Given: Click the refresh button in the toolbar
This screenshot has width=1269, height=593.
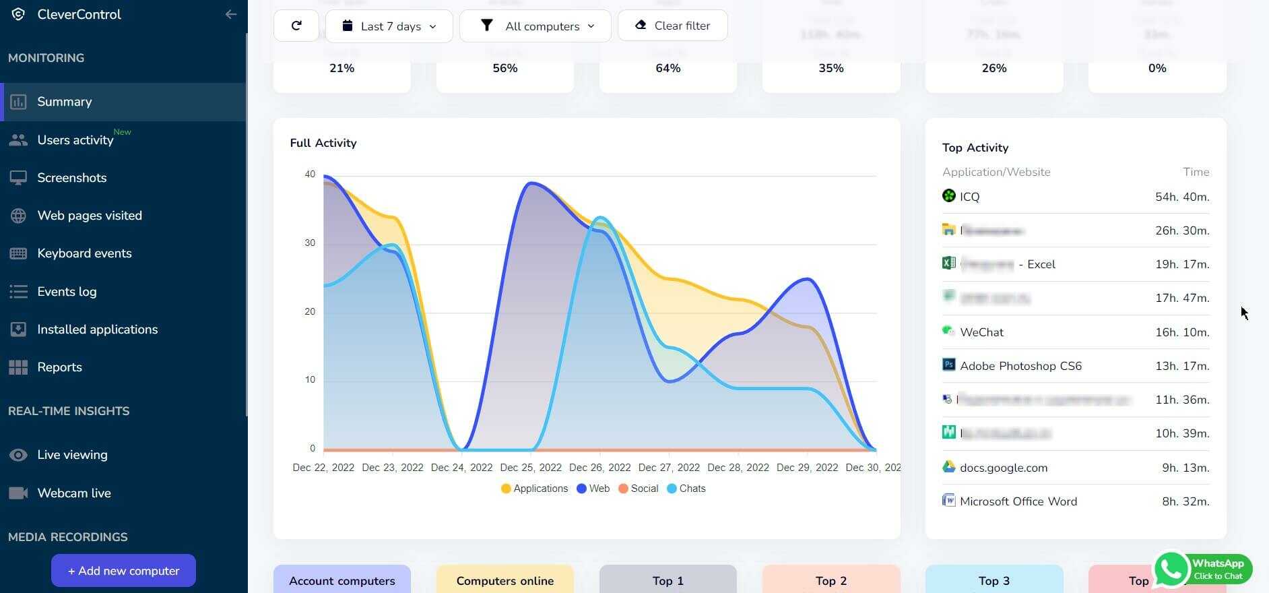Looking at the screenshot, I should [x=296, y=26].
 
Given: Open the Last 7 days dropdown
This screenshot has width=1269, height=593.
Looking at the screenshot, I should [x=389, y=26].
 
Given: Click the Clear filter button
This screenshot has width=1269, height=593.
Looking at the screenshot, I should [x=672, y=26].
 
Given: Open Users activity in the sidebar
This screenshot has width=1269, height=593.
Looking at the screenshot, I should [x=75, y=140].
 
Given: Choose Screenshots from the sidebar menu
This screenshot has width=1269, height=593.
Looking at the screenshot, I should [x=72, y=178].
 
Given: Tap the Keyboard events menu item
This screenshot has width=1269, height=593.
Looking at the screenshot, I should [x=84, y=253].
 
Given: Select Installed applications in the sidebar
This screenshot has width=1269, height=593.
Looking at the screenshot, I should [x=98, y=330].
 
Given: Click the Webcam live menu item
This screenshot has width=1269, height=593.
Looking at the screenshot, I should [x=74, y=493].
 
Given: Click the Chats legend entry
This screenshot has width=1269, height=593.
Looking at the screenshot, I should [x=686, y=489].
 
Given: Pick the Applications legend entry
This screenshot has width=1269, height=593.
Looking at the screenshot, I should [x=535, y=489].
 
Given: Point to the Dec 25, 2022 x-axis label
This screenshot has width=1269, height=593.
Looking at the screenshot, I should [x=531, y=468].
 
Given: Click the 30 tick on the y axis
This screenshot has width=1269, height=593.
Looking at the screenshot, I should [x=310, y=243].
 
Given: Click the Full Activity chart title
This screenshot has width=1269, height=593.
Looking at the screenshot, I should [x=323, y=143].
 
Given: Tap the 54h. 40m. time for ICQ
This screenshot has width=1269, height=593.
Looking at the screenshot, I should [x=1182, y=197].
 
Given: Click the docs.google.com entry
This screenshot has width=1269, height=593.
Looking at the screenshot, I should [x=1003, y=468].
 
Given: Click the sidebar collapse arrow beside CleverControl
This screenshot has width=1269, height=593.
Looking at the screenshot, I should [x=231, y=14].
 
